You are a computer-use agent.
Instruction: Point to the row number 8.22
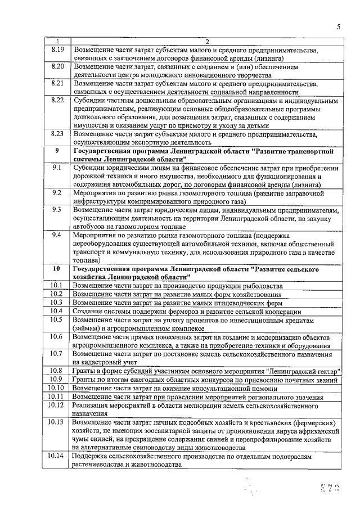click(57, 100)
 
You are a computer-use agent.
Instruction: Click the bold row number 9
click(57, 151)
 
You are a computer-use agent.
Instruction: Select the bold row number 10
click(57, 269)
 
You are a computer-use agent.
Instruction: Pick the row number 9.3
click(57, 210)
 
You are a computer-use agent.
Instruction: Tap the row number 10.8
click(57, 370)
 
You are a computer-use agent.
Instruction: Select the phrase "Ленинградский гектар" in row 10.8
click(300, 371)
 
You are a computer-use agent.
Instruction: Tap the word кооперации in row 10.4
click(281, 311)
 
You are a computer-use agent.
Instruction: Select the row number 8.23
click(57, 134)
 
